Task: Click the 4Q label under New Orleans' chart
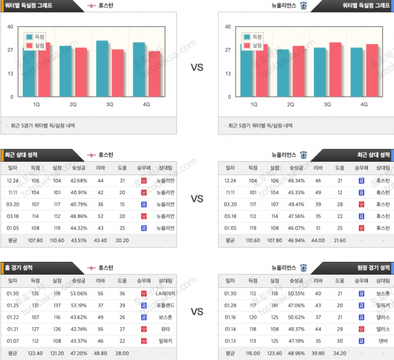click(364, 104)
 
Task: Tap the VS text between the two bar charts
click(197, 68)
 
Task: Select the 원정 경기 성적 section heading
click(373, 267)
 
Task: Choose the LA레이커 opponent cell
click(165, 293)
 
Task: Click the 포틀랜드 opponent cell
click(165, 305)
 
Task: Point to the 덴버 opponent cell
click(382, 339)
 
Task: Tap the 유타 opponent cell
click(165, 328)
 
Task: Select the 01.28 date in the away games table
click(230, 305)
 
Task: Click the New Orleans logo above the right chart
click(304, 6)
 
